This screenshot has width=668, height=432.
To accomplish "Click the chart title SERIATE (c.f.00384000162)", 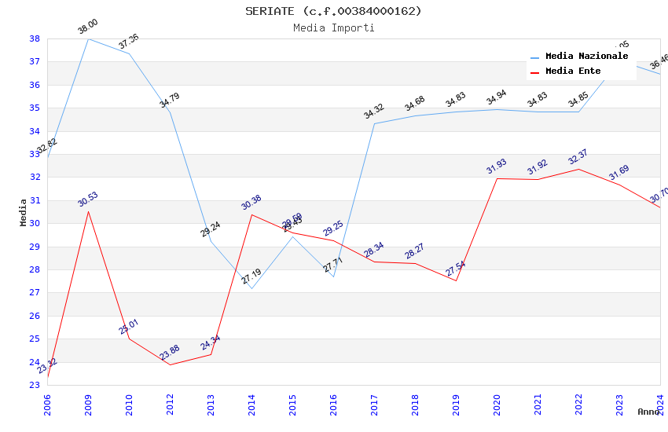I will click(x=333, y=11).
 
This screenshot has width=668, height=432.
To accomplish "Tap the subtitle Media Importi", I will click(x=333, y=28).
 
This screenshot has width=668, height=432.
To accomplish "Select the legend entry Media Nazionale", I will click(x=586, y=57).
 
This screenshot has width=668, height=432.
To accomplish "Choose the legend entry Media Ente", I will click(x=573, y=71).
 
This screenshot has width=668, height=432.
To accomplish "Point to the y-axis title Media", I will click(x=24, y=212).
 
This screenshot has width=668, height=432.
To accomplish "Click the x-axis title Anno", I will click(x=648, y=412).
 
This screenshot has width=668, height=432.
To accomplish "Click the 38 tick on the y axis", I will click(x=35, y=38).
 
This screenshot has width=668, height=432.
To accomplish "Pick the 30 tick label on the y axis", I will click(x=35, y=224).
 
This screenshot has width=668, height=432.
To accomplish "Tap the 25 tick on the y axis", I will click(x=35, y=339).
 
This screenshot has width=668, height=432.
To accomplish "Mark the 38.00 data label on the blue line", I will click(x=87, y=27).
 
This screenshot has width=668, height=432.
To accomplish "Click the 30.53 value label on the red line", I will click(x=87, y=200).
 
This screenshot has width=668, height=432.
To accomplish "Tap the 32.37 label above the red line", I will click(x=578, y=157).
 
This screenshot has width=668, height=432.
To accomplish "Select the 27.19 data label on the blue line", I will click(x=251, y=277).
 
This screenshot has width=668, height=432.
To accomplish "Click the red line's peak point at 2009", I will click(x=88, y=211).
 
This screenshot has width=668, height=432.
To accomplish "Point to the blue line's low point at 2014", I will click(x=251, y=288).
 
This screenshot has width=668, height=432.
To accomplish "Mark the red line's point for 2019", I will click(x=456, y=280).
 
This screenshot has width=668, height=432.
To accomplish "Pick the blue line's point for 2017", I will click(x=374, y=123).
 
